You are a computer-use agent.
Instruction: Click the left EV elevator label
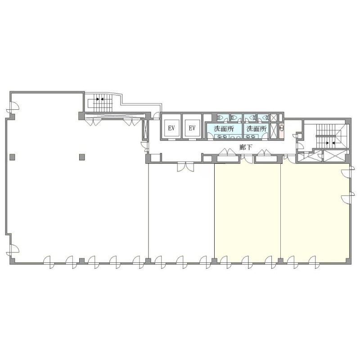[171, 128]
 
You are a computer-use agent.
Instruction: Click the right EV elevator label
[192, 128]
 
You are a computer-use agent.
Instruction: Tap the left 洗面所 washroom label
[224, 129]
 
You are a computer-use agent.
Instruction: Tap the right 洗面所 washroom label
[256, 129]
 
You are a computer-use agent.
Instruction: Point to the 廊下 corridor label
[246, 147]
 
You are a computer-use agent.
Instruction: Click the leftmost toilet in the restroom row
[220, 117]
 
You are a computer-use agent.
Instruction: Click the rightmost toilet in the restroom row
[265, 117]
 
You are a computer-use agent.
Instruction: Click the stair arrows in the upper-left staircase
[99, 99]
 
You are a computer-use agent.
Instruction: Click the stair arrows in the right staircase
[330, 143]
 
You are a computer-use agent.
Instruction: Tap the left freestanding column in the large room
[13, 157]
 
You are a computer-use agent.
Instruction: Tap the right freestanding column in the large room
[82, 157]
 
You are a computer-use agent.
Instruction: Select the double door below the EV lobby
[185, 166]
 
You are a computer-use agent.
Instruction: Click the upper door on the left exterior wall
[13, 107]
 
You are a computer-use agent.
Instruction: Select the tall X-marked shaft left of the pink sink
[274, 131]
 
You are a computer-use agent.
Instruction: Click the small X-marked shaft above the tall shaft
[274, 117]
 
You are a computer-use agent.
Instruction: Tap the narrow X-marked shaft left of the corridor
[145, 129]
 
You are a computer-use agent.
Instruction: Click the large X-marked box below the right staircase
[334, 156]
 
